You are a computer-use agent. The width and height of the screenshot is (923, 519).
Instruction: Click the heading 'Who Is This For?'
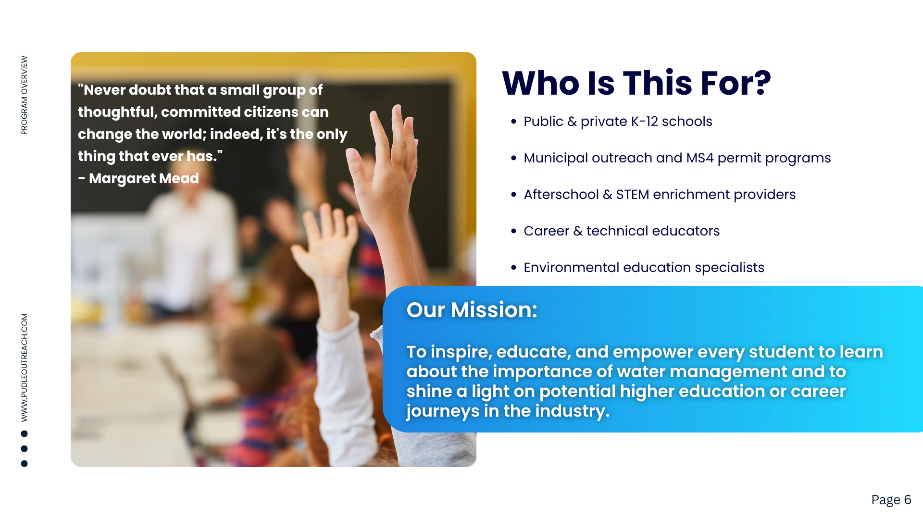point(636,83)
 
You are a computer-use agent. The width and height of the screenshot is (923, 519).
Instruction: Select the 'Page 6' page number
point(891,500)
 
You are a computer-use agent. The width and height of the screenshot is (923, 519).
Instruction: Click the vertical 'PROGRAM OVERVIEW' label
point(24,95)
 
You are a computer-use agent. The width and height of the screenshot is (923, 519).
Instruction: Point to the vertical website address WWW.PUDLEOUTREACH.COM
point(24,368)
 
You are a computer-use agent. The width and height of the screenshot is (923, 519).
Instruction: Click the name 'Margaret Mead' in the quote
point(144,178)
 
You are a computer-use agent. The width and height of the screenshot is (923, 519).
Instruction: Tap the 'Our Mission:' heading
point(472,309)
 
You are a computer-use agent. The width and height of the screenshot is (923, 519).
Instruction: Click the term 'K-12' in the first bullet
point(645,122)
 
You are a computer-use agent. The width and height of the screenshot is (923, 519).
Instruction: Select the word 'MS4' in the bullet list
point(700,158)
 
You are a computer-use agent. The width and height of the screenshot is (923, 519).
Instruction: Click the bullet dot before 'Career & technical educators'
point(514,231)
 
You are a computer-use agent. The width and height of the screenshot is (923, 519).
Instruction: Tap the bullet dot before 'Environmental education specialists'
point(514,268)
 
